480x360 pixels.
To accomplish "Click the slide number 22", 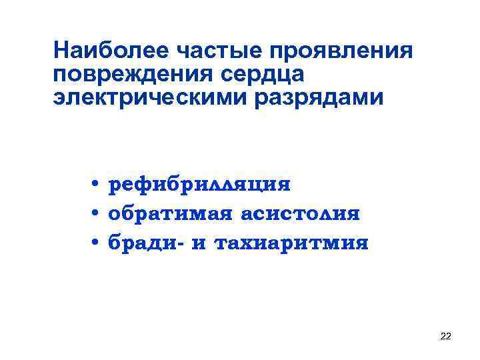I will click(445, 337).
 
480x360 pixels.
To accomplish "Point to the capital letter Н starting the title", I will click(62, 49).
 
